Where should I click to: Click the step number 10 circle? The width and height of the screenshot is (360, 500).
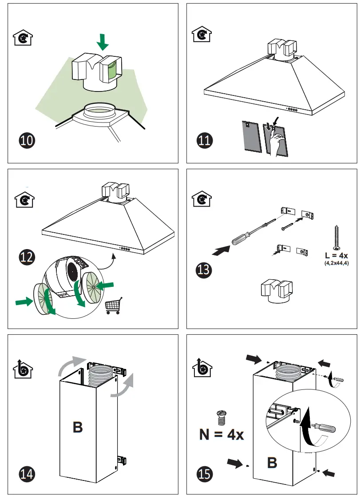click(27, 141)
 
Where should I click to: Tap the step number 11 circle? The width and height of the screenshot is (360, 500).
click(205, 141)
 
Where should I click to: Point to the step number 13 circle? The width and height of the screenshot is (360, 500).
click(205, 269)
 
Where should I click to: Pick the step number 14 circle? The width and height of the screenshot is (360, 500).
click(27, 473)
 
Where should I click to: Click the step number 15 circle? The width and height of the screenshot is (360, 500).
click(205, 473)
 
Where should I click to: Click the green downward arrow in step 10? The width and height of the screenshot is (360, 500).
click(103, 42)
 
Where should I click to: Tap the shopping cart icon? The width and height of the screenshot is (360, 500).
click(113, 306)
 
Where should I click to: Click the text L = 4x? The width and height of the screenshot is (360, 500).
click(336, 256)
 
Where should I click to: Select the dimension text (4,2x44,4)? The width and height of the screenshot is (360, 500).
click(336, 264)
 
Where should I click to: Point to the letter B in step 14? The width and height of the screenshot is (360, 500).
click(77, 427)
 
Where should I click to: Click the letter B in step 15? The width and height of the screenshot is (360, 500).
click(272, 462)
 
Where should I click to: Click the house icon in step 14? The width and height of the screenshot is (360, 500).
click(23, 369)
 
